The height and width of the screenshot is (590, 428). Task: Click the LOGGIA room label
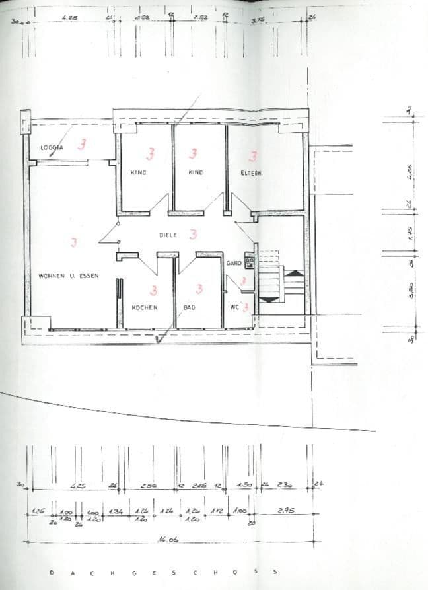(52, 148)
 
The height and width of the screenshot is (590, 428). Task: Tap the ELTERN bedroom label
(251, 173)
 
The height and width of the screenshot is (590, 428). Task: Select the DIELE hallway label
(169, 235)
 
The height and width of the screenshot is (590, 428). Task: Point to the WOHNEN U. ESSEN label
(69, 276)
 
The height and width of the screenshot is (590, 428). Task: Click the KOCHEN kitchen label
(144, 307)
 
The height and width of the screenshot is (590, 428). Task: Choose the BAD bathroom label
(189, 307)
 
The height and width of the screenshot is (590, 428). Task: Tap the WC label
(235, 307)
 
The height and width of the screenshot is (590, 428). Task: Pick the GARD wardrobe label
(234, 263)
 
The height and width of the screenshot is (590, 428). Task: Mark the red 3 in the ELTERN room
(252, 156)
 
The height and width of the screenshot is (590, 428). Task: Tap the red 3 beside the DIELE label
(194, 233)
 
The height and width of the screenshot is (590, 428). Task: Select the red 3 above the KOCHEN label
(153, 289)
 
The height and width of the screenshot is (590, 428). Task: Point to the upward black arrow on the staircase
(294, 272)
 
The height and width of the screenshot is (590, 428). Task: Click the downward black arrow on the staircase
(268, 299)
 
